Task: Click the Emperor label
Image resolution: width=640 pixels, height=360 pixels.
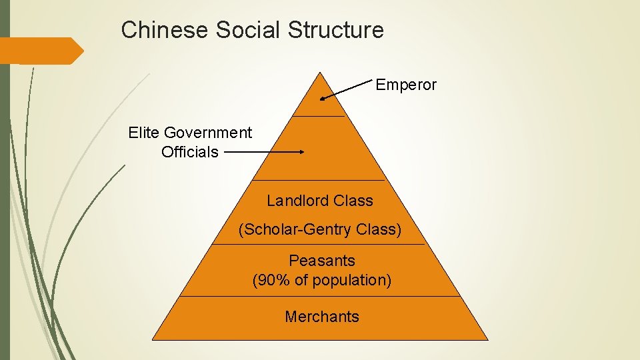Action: [x=406, y=85]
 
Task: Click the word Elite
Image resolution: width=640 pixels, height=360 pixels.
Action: [x=144, y=133]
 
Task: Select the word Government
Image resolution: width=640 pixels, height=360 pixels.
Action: [x=208, y=133]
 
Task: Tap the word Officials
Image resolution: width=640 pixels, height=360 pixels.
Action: [x=190, y=152]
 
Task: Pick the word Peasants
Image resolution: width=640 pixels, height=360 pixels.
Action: [x=322, y=261]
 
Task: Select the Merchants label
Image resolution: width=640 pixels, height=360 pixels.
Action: [x=322, y=317]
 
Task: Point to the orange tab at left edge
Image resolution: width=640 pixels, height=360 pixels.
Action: [x=40, y=51]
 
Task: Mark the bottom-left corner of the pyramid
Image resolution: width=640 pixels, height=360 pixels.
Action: [x=153, y=339]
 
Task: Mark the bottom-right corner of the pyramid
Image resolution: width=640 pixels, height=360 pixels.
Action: [x=488, y=339]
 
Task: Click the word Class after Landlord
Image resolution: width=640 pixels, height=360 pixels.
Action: [x=355, y=201]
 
